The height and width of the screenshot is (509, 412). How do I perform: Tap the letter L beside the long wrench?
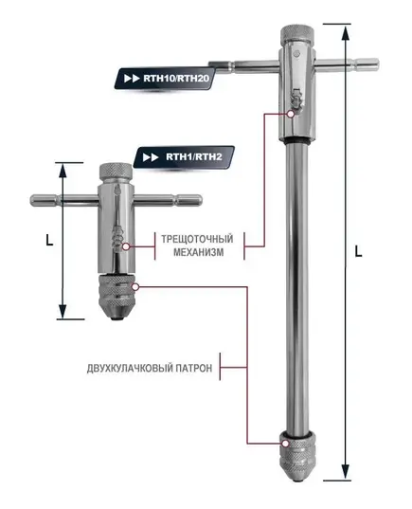point(357,252)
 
